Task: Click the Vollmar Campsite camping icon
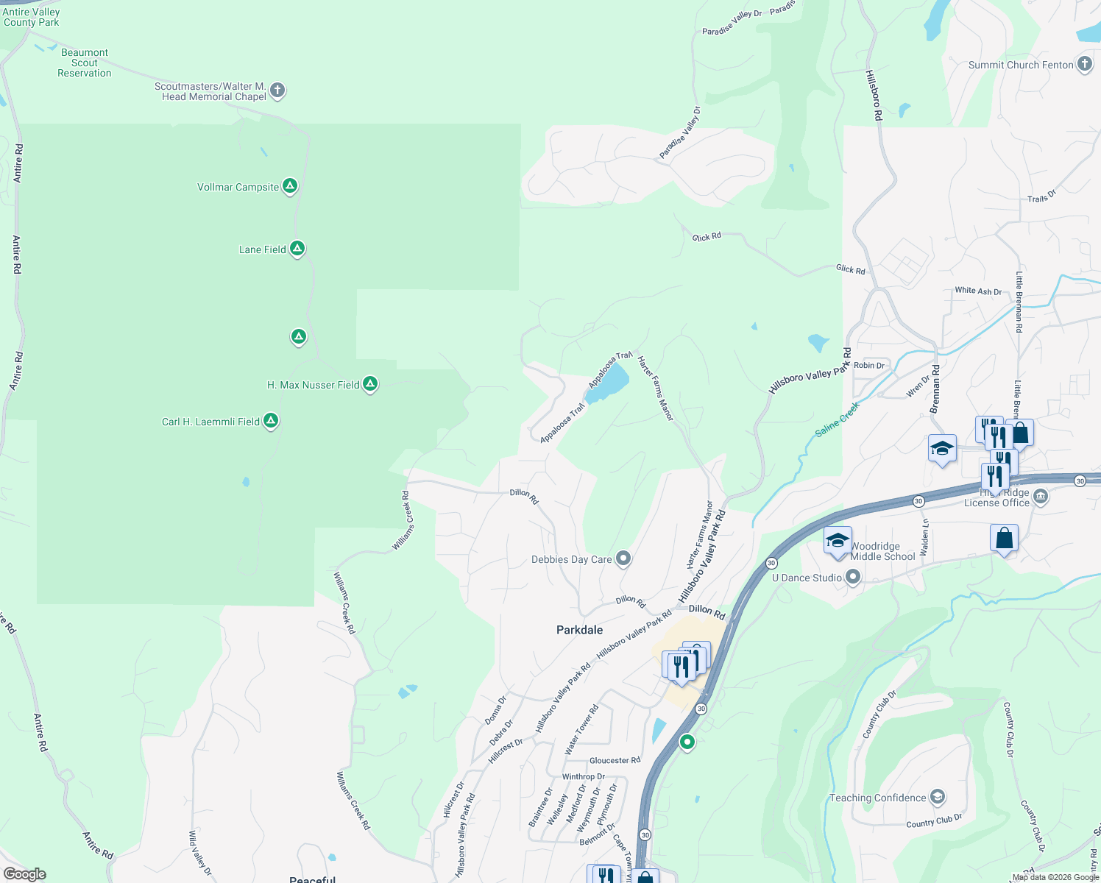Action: click(290, 186)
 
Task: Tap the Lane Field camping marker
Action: click(297, 249)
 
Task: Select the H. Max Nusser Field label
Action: click(313, 385)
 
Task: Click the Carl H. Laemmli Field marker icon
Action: click(271, 421)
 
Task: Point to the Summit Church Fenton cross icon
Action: click(1085, 64)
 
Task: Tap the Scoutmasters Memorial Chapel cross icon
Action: click(277, 91)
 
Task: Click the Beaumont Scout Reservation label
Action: click(85, 63)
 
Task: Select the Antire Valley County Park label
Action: click(31, 17)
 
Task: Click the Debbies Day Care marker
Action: click(623, 558)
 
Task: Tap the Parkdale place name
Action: click(580, 630)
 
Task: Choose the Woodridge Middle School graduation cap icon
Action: click(838, 541)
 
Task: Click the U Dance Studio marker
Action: click(853, 578)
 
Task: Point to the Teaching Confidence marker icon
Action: click(938, 797)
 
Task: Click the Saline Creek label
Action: click(838, 419)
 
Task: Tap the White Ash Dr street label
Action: click(978, 291)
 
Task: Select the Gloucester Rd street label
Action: click(615, 760)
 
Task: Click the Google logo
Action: click(24, 874)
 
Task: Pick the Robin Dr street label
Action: click(869, 365)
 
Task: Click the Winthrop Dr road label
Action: click(584, 776)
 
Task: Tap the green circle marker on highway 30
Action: click(687, 742)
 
